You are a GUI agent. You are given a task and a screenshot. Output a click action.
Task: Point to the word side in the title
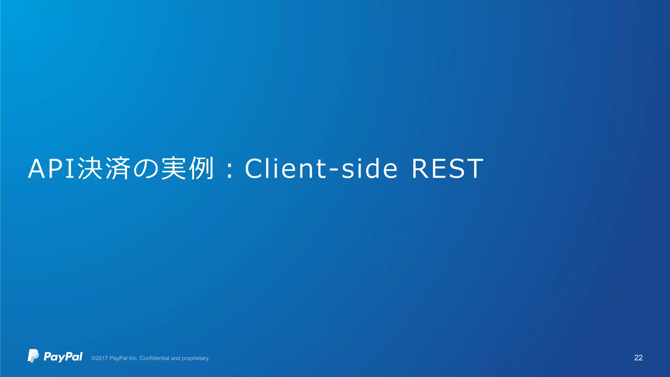369,169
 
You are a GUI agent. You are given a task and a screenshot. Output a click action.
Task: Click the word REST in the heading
447,169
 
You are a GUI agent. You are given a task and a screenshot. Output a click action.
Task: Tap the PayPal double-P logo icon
33,356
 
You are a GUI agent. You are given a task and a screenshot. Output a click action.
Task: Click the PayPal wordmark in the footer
63,357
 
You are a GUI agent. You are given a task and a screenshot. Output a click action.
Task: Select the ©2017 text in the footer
99,358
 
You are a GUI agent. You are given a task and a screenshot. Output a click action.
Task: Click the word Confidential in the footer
154,358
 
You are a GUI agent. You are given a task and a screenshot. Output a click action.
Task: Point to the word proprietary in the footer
196,359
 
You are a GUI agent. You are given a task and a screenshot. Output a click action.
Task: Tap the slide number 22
638,358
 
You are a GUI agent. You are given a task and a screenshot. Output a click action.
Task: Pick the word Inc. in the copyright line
133,358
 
